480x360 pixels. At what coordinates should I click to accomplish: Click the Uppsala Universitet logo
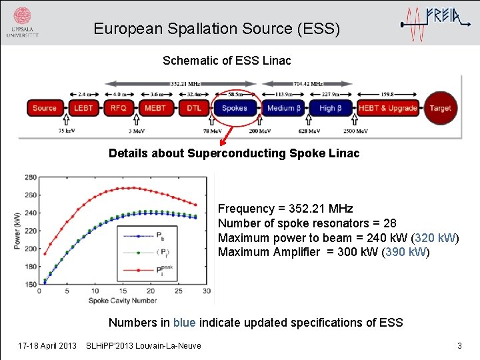click(22, 22)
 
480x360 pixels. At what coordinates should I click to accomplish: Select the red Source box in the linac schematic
click(45, 108)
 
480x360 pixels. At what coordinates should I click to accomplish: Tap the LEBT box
click(83, 108)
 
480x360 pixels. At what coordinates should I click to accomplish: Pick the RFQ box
click(119, 108)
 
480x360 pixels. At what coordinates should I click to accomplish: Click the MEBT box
click(155, 108)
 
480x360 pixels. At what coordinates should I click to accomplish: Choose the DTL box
click(194, 108)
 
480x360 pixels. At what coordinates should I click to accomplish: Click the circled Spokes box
click(234, 108)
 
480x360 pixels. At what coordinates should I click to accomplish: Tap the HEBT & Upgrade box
click(388, 108)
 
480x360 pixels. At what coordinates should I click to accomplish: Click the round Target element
click(440, 108)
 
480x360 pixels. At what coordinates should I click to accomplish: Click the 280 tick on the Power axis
click(30, 177)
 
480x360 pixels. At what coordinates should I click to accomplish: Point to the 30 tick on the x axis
click(206, 291)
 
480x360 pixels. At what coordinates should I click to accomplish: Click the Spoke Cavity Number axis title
click(122, 301)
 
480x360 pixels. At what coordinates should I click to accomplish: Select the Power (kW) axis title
click(17, 231)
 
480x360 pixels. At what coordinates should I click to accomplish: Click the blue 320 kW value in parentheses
click(435, 238)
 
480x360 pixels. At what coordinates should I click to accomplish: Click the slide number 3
click(459, 345)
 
